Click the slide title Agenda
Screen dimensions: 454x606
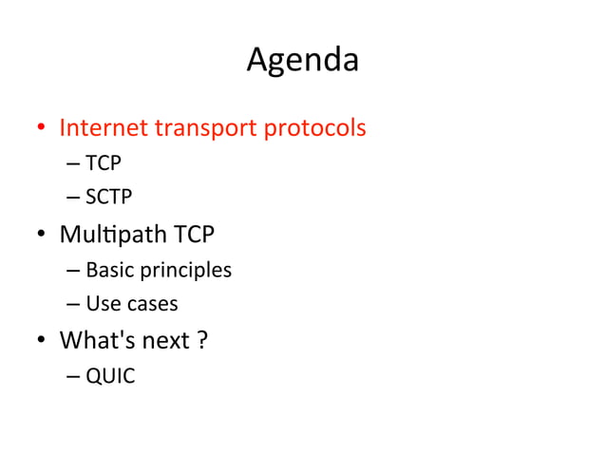(302, 61)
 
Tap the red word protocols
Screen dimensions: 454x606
(313, 128)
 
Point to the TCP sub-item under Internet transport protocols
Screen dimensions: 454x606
(103, 164)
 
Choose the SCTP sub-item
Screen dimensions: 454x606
(108, 198)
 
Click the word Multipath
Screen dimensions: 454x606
(113, 234)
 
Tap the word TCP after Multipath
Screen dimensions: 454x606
(194, 233)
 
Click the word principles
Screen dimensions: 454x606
(186, 271)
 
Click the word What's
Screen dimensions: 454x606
(97, 340)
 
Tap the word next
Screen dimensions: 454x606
(165, 341)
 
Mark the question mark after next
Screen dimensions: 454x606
(202, 340)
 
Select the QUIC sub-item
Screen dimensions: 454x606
(110, 376)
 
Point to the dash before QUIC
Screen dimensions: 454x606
(74, 377)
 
